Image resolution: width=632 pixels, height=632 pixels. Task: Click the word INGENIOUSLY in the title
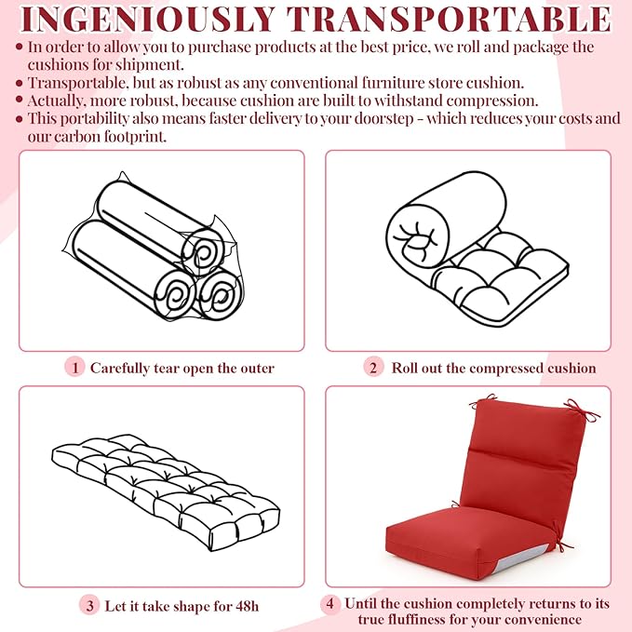(x=148, y=19)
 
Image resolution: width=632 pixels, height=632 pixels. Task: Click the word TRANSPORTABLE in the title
(x=450, y=19)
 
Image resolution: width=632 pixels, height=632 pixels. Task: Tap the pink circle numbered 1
(x=74, y=367)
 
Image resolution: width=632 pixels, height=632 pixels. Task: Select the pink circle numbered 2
(x=373, y=367)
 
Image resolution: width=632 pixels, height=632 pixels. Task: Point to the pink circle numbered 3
(x=89, y=605)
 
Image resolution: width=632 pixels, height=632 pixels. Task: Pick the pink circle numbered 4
(x=330, y=604)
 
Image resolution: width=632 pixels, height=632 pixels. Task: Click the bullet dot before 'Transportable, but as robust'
(x=19, y=83)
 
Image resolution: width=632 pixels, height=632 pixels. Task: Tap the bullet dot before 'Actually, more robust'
(x=19, y=100)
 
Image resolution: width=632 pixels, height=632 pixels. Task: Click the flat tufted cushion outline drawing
(x=166, y=492)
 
